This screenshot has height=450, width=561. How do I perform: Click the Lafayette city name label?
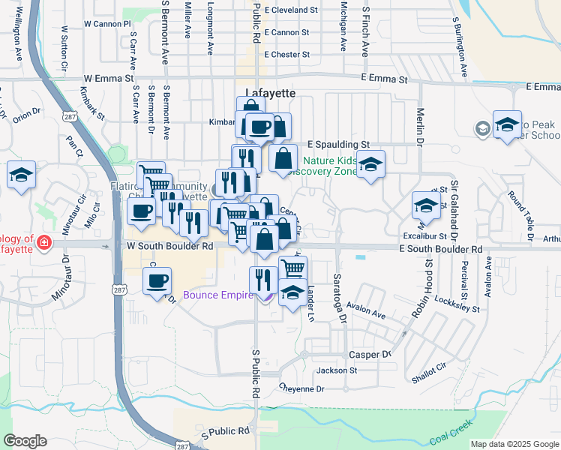click(266, 92)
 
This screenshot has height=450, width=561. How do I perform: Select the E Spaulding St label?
click(339, 144)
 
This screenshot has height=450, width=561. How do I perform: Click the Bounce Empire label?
click(218, 295)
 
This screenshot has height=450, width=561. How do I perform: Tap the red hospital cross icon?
click(44, 243)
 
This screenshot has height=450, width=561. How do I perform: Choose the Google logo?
click(25, 440)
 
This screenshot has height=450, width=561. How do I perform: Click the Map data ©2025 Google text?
click(514, 444)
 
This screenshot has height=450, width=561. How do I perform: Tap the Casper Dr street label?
click(370, 354)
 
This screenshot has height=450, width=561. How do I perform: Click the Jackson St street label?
click(337, 370)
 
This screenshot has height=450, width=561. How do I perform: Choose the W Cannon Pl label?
click(107, 24)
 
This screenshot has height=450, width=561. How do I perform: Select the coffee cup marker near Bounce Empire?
click(157, 282)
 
